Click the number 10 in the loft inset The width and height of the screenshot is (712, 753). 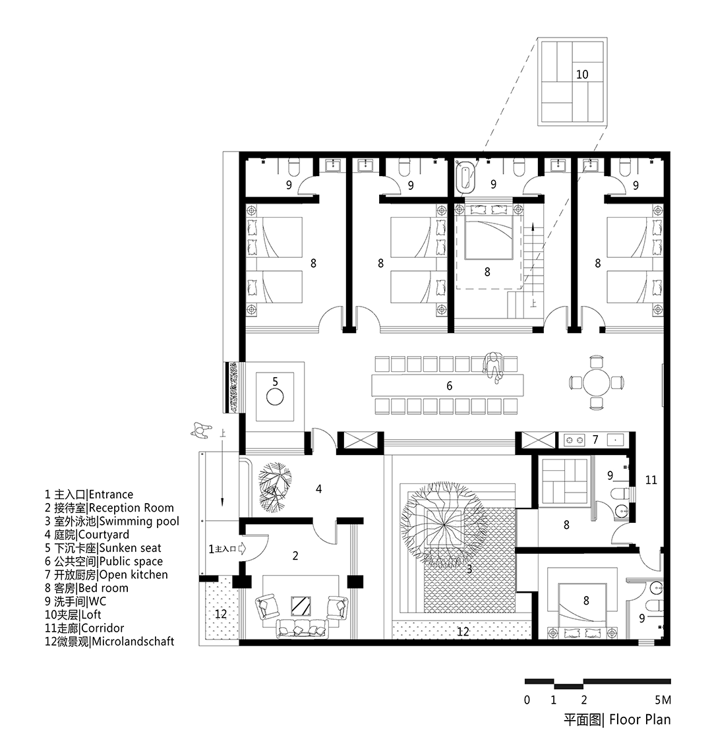click(581, 75)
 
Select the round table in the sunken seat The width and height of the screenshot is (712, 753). click(274, 396)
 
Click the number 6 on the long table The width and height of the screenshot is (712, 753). click(450, 386)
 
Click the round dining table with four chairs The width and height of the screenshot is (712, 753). click(596, 381)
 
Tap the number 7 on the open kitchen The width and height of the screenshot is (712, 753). click(595, 439)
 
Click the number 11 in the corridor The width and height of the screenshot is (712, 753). click(651, 480)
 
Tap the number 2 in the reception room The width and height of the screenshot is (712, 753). click(295, 556)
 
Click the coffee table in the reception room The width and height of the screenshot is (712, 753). click(301, 604)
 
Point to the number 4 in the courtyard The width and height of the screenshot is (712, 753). click(319, 489)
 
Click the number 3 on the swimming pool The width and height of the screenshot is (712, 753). click(469, 568)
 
